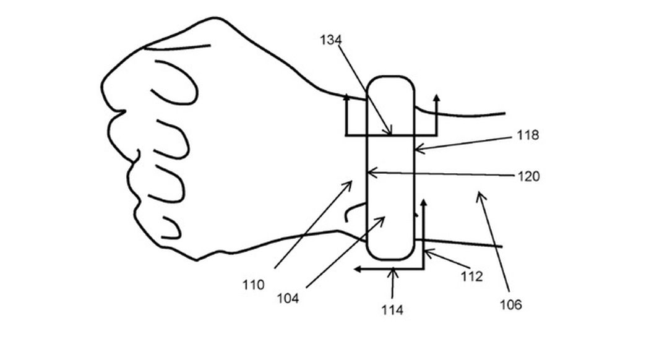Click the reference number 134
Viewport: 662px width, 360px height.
tap(330, 40)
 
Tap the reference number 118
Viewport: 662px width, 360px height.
tap(528, 135)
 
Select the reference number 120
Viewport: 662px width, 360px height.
tap(528, 176)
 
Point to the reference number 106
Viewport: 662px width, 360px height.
tap(511, 305)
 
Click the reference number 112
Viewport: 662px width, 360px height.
tap(471, 276)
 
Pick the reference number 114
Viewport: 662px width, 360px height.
tap(392, 310)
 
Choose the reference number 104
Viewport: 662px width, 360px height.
tap(288, 299)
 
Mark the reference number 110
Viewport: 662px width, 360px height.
tap(253, 285)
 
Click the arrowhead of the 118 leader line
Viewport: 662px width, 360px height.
tap(416, 148)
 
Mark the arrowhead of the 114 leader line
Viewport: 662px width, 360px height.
tap(393, 270)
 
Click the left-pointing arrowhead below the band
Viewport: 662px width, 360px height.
tap(357, 269)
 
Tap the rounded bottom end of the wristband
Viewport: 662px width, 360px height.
tap(390, 259)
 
